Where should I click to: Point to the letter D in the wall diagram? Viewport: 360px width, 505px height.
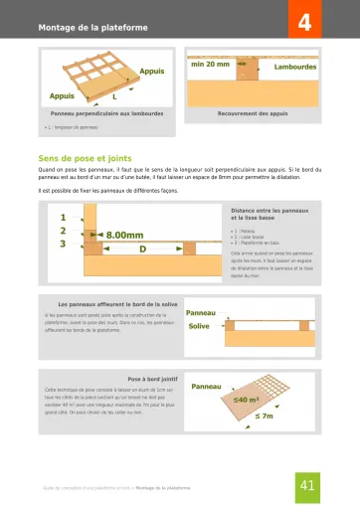(142, 249)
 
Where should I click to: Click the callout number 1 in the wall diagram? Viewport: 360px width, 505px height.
(64, 217)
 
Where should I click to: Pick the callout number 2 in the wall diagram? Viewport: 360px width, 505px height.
(64, 230)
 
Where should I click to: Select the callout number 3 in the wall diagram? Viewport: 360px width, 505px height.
(64, 243)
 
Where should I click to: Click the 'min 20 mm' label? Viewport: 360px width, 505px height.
(210, 64)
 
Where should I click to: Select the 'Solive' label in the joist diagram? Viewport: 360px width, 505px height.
(199, 325)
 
